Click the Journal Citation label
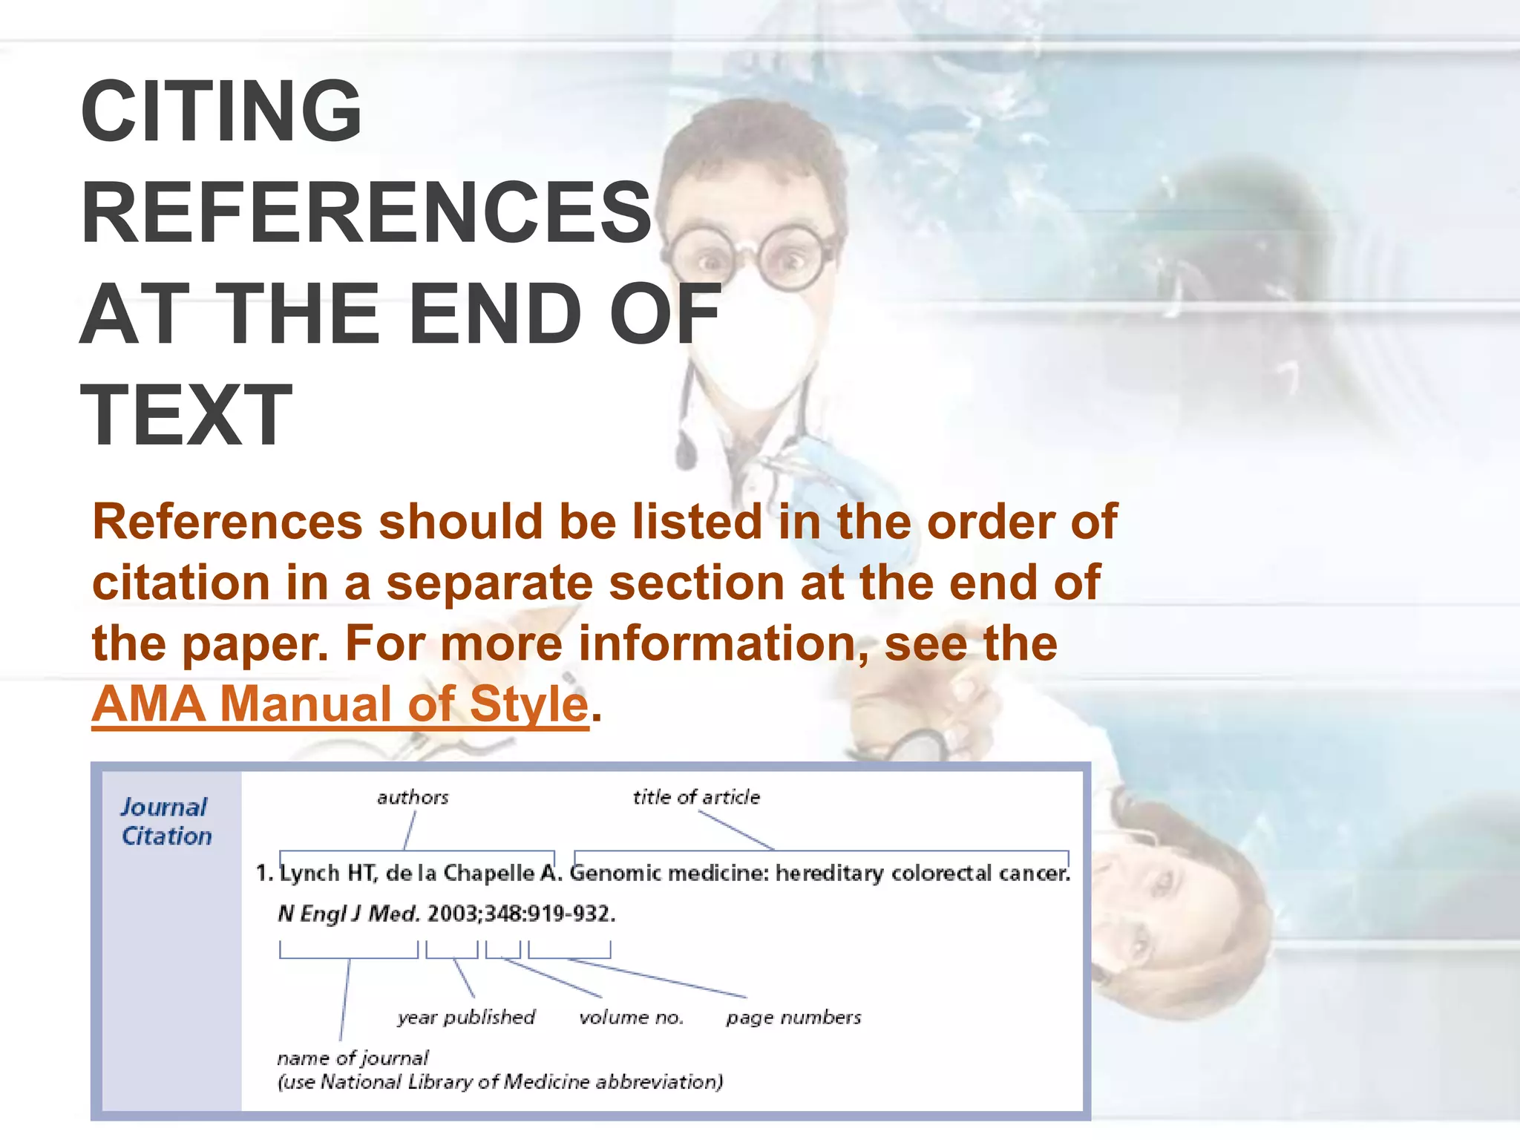(x=166, y=822)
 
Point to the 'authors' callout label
(x=413, y=798)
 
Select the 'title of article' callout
(x=696, y=798)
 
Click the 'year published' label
(x=466, y=1018)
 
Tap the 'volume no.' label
(x=631, y=1018)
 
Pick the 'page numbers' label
(x=793, y=1018)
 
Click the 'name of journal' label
(x=353, y=1058)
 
